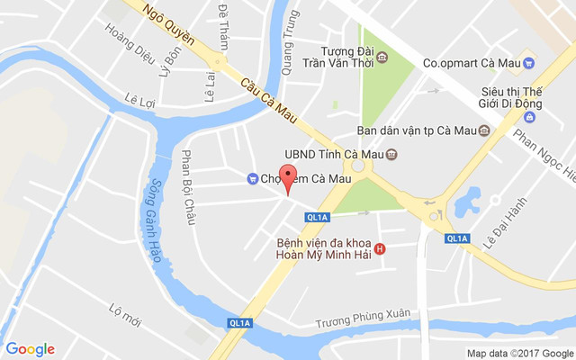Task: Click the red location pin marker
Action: click(288, 176)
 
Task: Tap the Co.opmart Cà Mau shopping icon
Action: click(530, 63)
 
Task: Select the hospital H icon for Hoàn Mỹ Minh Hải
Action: click(380, 248)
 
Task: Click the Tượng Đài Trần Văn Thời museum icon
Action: click(382, 58)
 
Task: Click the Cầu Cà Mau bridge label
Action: click(269, 96)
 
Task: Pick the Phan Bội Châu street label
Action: click(190, 187)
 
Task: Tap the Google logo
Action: click(30, 349)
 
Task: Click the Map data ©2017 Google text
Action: click(519, 353)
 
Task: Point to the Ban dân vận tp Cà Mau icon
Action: click(484, 130)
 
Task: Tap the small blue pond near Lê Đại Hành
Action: click(468, 202)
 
